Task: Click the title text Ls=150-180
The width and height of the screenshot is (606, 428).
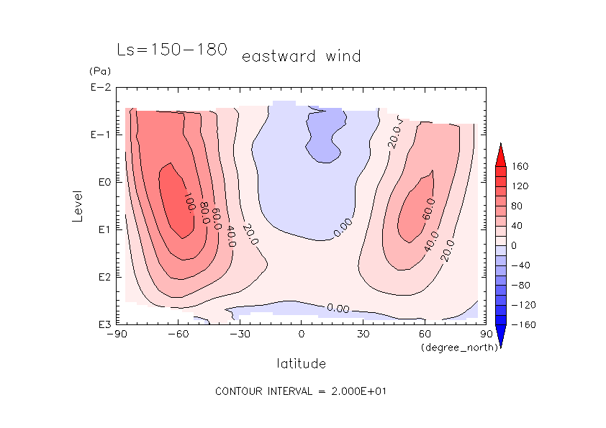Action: coord(172,50)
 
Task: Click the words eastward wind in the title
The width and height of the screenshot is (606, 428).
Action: coord(301,56)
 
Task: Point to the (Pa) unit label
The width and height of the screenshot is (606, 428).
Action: coord(99,72)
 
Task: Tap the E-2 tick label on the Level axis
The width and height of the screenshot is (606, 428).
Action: coord(99,88)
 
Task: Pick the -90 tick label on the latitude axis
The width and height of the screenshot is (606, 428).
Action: coord(116,334)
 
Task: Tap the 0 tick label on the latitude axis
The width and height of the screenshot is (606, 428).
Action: coord(302,334)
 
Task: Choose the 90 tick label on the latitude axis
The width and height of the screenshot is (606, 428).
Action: coord(486,334)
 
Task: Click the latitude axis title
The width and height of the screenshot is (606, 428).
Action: coord(301,363)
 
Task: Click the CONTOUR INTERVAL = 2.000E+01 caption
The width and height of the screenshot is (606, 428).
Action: coord(302,391)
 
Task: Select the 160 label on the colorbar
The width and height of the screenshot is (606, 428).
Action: coord(520,166)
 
